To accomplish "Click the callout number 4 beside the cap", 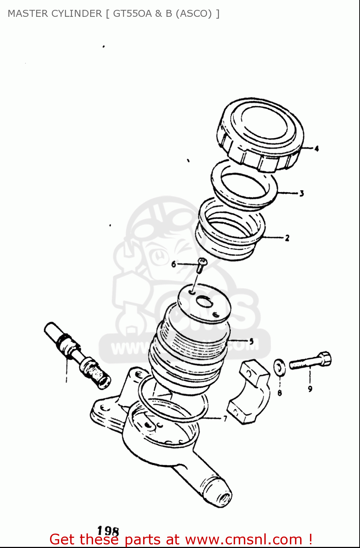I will (317, 148).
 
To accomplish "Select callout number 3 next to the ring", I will (302, 193).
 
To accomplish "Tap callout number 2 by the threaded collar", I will (287, 238).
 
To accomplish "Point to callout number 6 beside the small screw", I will (174, 264).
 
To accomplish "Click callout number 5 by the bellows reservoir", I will (251, 341).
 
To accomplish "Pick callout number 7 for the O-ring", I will (225, 419).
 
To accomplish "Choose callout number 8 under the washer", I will (280, 393).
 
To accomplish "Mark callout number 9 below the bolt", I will (310, 389).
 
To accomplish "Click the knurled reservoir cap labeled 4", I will (261, 133).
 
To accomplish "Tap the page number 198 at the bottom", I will (108, 531).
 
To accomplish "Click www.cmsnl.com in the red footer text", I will (244, 539).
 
